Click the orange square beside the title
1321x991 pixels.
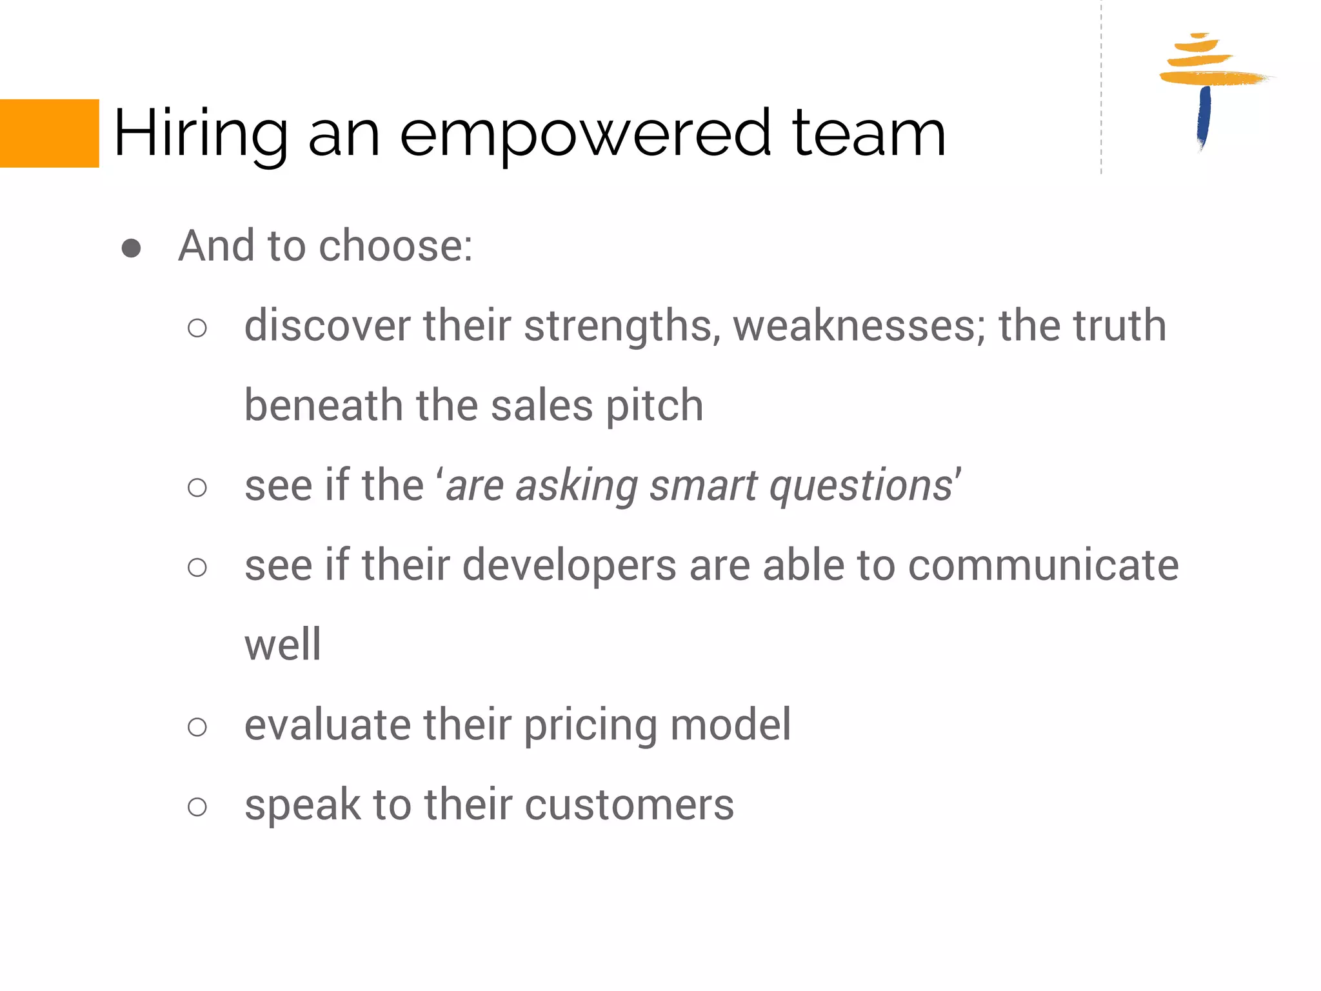tap(49, 133)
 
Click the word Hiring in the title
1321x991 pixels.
tap(201, 134)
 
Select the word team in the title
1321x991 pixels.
tap(868, 134)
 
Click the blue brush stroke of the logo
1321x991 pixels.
tap(1204, 116)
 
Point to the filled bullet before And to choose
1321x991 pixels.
tap(132, 248)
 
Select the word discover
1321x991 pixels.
tap(327, 325)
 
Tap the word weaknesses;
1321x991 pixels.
tap(859, 325)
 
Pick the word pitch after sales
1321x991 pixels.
tap(654, 406)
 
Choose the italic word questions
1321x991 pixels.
tap(861, 486)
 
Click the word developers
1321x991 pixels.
tap(570, 566)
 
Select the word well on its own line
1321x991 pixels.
tap(283, 645)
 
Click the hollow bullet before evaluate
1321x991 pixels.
tap(197, 727)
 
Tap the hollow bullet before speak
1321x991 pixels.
tap(197, 806)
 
